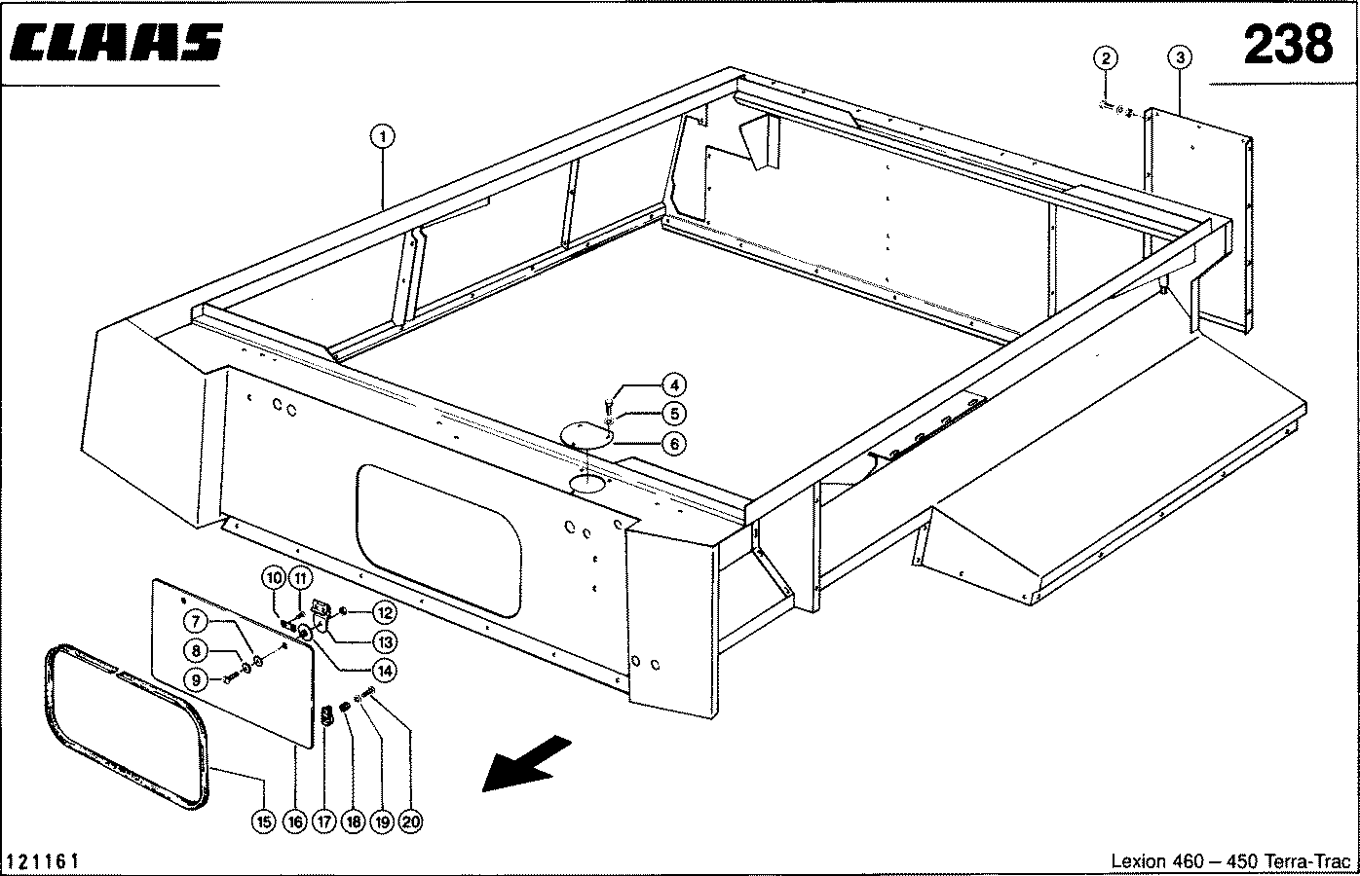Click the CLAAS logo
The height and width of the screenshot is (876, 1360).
[x=114, y=44]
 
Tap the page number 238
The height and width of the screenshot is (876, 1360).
[x=1287, y=43]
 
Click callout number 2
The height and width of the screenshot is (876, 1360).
[x=1105, y=57]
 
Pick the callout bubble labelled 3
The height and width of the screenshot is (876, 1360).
[x=1180, y=57]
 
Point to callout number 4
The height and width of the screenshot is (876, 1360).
[x=674, y=383]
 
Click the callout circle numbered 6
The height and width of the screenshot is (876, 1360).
[x=674, y=444]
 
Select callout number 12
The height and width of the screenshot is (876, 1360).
[x=383, y=613]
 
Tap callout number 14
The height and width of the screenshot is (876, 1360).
[x=383, y=670]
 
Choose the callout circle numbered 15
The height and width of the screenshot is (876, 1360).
[x=263, y=821]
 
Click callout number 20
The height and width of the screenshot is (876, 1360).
[x=411, y=821]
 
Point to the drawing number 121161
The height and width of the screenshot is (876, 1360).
[x=43, y=861]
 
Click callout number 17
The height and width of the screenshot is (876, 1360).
[x=324, y=821]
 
